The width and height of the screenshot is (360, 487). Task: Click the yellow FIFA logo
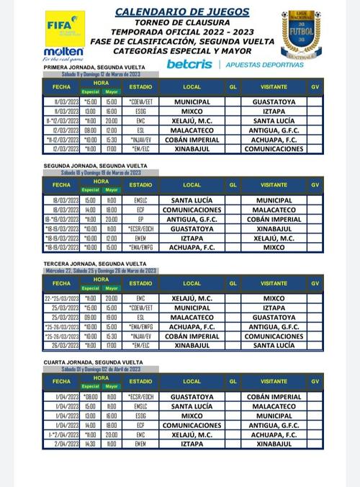pyautogui.click(x=65, y=27)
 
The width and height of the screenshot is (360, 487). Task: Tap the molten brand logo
pyautogui.click(x=64, y=53)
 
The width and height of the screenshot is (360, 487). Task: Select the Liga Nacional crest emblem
pyautogui.click(x=301, y=33)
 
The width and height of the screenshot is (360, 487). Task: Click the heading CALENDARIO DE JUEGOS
pyautogui.click(x=183, y=12)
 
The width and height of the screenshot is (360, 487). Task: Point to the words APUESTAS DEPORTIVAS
pyautogui.click(x=264, y=64)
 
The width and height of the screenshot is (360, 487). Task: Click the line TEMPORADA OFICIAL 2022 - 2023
pyautogui.click(x=183, y=32)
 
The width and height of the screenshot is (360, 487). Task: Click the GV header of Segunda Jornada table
pyautogui.click(x=315, y=184)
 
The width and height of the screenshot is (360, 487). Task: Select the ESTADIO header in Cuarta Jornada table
pyautogui.click(x=140, y=381)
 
